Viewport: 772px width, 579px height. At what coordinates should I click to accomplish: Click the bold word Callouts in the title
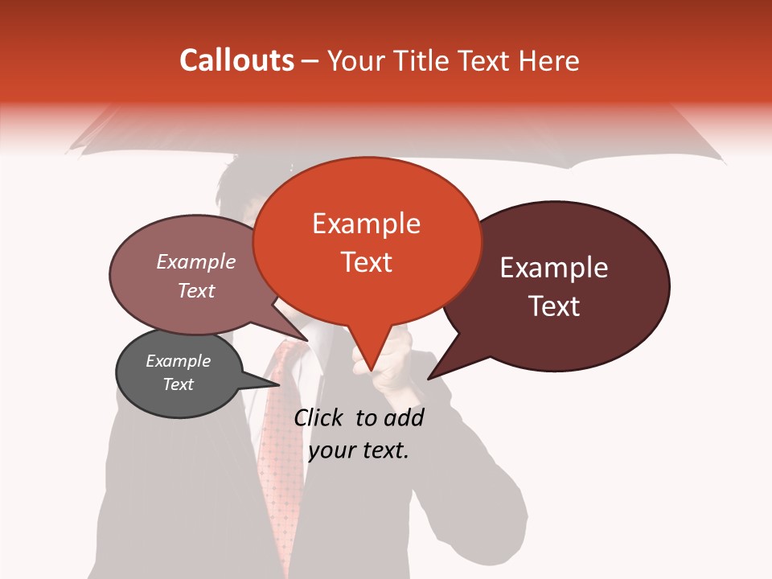(x=236, y=60)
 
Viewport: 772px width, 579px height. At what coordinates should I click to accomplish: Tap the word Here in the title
(x=548, y=61)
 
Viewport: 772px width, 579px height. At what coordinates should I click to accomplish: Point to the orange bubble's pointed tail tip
(x=371, y=371)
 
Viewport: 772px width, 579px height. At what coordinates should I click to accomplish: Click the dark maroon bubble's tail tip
(x=429, y=378)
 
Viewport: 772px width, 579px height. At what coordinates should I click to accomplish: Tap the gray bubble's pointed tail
(x=278, y=384)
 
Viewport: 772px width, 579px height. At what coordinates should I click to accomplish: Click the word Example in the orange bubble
(x=366, y=224)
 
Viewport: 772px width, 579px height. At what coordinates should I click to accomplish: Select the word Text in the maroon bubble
(x=554, y=306)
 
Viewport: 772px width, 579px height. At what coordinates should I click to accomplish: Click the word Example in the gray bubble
(x=178, y=361)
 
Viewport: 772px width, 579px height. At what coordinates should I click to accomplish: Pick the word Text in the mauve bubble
(x=196, y=290)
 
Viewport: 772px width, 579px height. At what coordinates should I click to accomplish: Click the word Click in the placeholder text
(x=318, y=417)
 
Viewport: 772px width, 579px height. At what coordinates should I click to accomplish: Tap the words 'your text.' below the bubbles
(x=358, y=450)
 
